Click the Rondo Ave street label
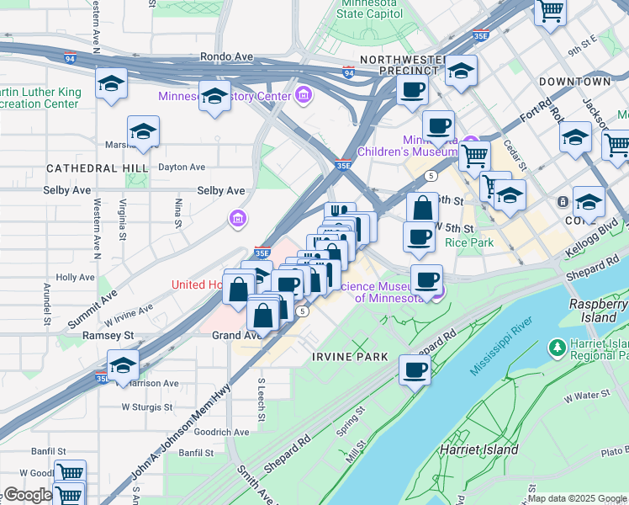pyautogui.click(x=226, y=56)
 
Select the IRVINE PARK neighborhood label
pyautogui.click(x=350, y=357)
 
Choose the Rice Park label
pyautogui.click(x=469, y=242)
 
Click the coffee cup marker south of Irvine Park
pyautogui.click(x=414, y=369)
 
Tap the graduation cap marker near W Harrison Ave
pyautogui.click(x=123, y=365)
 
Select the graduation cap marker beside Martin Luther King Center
pyautogui.click(x=111, y=84)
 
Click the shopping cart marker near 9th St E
pyautogui.click(x=550, y=12)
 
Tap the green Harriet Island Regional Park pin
pyautogui.click(x=556, y=347)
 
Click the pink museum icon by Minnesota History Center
pyautogui.click(x=304, y=96)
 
